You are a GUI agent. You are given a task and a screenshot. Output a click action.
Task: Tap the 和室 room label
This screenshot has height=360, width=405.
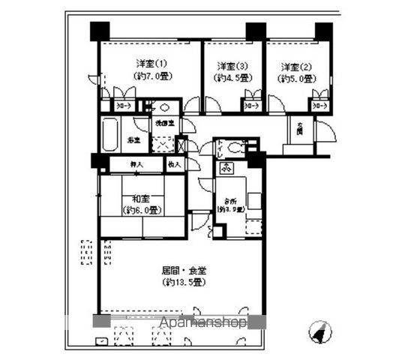[x=142, y=199]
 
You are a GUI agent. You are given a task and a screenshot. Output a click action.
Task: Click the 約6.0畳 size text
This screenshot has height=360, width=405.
[x=142, y=211]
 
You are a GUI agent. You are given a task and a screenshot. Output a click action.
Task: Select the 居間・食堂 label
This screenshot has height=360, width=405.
[x=183, y=270]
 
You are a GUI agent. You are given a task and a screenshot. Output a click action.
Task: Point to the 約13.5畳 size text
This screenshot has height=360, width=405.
[x=183, y=283]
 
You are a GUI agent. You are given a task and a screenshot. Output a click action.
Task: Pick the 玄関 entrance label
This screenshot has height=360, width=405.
[x=298, y=130]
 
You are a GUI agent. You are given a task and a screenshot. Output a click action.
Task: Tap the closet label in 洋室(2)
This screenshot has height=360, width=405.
[x=320, y=106]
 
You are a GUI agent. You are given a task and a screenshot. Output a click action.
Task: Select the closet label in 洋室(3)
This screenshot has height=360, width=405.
[x=252, y=106]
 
